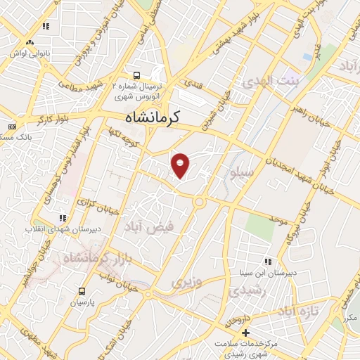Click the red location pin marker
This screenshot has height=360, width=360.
click(x=181, y=164)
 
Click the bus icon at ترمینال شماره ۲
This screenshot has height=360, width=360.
click(x=136, y=75)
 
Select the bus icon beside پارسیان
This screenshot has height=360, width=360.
click(x=82, y=291)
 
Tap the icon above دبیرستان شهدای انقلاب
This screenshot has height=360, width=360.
click(x=63, y=218)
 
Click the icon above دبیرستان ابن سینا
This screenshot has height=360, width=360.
click(x=267, y=262)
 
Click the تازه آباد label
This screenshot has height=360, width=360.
click(x=298, y=310)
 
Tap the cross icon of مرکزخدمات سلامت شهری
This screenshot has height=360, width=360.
click(x=245, y=333)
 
